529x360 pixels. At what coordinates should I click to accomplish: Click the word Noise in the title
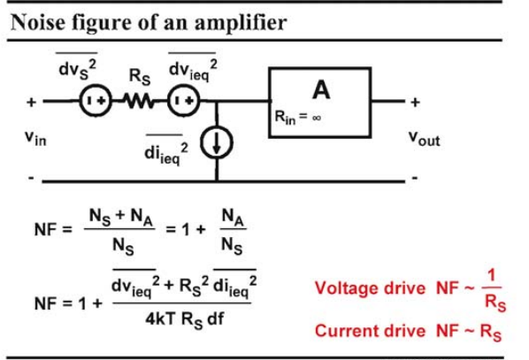pos(38,22)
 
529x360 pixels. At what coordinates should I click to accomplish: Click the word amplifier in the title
pos(241,24)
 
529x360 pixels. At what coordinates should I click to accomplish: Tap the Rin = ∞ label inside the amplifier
pos(297,117)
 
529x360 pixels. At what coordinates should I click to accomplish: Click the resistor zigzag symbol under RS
pos(140,101)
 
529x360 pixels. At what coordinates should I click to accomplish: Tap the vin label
pos(35,138)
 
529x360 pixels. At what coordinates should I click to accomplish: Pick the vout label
pos(424,138)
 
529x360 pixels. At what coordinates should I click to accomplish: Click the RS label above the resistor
pos(140,77)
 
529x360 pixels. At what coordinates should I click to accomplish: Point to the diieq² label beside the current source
pos(166,154)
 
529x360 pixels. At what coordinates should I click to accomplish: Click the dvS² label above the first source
pos(77,70)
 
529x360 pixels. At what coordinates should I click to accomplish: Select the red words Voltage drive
pos(370,288)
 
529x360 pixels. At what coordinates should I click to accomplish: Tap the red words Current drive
pos(370,331)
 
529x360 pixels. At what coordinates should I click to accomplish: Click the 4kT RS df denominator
pos(184,319)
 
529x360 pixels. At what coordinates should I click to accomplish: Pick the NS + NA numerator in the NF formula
pos(121,217)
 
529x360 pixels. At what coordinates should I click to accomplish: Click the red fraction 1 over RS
pos(494,290)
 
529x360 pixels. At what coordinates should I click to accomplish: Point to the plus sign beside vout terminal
pos(415,103)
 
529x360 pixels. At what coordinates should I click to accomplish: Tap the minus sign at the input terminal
pos(31,178)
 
